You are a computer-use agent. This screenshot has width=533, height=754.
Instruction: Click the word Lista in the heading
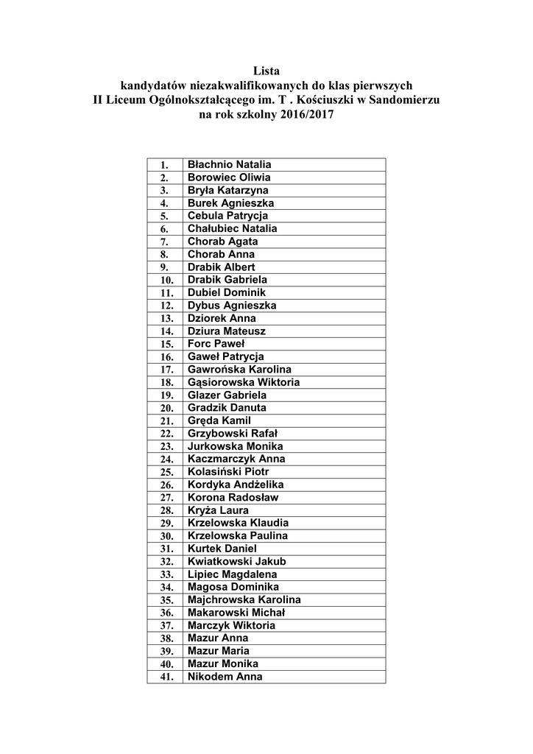[266, 71]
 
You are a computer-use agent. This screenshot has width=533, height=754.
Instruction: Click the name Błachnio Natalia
[230, 164]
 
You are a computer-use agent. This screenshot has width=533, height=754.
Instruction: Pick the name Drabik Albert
[221, 267]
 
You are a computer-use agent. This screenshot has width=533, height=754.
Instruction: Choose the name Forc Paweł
[216, 343]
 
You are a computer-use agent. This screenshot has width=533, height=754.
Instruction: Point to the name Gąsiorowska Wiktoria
[244, 382]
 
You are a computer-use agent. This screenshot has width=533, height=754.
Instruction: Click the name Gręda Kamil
[219, 420]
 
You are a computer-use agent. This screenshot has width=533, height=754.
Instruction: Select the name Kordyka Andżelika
[236, 485]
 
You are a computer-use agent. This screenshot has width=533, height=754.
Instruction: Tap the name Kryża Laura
[218, 510]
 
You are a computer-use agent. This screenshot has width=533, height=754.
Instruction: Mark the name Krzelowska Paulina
[238, 535]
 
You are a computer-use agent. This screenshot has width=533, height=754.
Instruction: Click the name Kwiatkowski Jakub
[237, 561]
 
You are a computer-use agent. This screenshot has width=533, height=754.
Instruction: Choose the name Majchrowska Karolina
[244, 599]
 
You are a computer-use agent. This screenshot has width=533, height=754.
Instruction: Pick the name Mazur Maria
[219, 651]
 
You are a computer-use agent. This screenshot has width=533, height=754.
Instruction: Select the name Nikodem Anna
[225, 677]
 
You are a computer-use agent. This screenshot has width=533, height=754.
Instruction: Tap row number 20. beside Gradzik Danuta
[166, 408]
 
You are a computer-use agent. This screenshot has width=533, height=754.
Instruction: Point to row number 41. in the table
[166, 677]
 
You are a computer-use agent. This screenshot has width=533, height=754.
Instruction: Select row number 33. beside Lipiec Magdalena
[166, 574]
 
